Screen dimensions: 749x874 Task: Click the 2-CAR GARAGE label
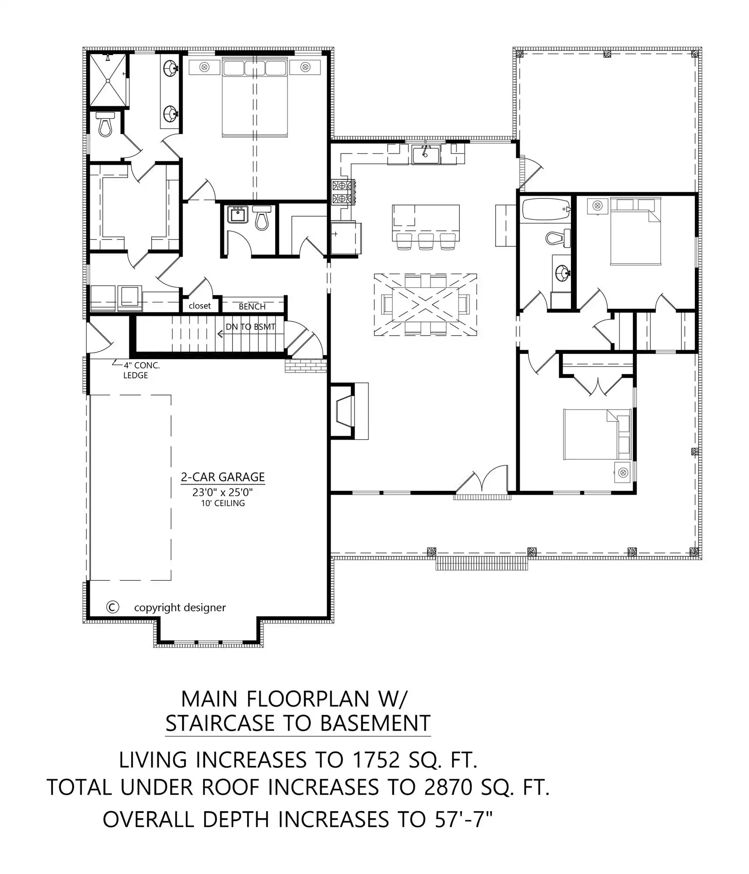[223, 477]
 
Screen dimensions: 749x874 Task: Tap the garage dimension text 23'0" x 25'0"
[223, 492]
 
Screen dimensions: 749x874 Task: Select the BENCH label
[252, 306]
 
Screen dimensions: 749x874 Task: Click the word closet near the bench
[199, 306]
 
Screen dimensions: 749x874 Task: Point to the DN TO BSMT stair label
[251, 326]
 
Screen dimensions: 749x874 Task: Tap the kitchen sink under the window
[426, 155]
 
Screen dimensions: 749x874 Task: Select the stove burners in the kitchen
[343, 192]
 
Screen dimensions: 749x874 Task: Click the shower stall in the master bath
[108, 80]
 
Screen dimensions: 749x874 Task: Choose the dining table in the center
[425, 305]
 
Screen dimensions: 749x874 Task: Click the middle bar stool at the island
[426, 241]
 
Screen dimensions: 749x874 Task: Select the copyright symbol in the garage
[112, 607]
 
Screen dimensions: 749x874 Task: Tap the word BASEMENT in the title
[375, 723]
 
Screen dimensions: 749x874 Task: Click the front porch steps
[482, 563]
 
